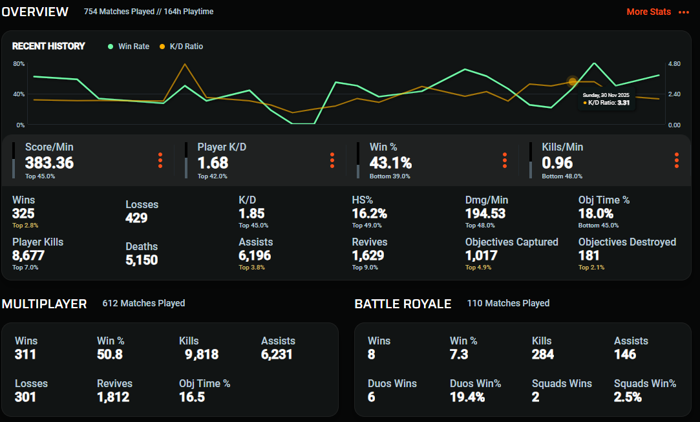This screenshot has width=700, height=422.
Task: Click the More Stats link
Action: click(649, 12)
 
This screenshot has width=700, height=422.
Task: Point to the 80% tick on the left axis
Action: click(19, 64)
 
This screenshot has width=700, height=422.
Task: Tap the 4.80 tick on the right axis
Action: click(673, 64)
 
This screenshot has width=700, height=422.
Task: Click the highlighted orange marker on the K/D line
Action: click(573, 81)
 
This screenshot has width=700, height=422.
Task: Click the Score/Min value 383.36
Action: click(49, 163)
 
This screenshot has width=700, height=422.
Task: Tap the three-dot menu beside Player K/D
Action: click(332, 160)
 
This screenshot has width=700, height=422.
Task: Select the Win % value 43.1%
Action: click(390, 163)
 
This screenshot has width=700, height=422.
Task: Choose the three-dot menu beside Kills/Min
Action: click(677, 160)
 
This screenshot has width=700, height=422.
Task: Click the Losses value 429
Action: click(136, 218)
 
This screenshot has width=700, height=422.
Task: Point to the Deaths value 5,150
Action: click(142, 260)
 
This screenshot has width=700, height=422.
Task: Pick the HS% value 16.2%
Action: click(369, 213)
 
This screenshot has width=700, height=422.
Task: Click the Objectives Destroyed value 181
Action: click(589, 255)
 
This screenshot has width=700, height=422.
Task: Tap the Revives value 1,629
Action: click(368, 255)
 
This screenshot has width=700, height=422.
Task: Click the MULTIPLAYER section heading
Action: click(44, 304)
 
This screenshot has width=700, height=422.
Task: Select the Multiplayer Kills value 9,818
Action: click(202, 354)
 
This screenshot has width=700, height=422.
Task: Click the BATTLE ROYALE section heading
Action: click(403, 304)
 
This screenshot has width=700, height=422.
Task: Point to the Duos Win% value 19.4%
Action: click(467, 397)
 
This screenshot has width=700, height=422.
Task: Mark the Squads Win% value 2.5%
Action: click(628, 397)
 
